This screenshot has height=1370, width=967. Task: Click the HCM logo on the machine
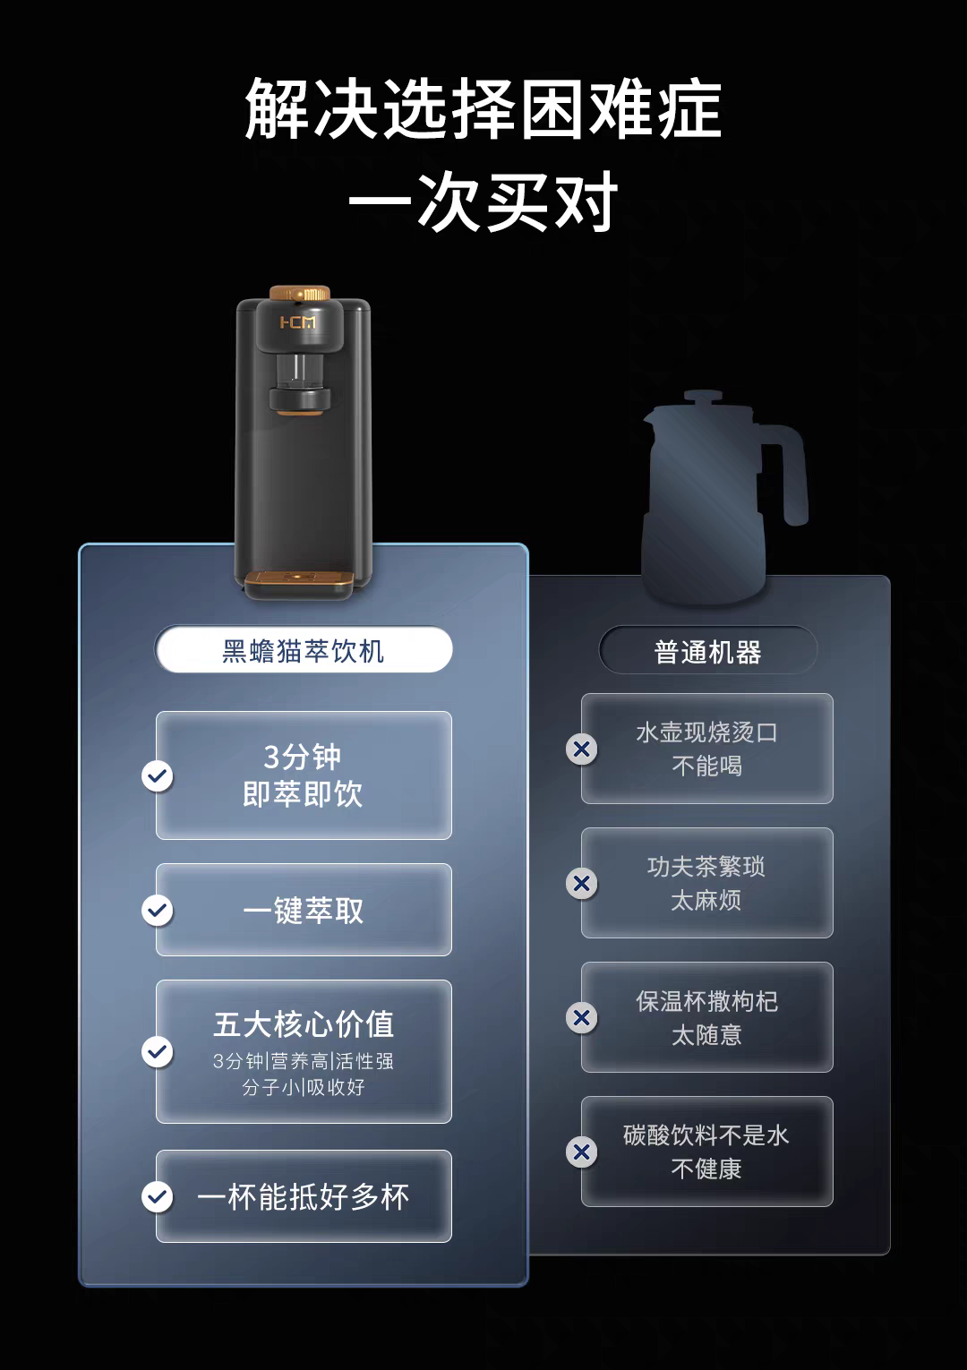298,321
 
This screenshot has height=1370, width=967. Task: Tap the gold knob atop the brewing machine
300,293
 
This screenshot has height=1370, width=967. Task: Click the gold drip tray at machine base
300,582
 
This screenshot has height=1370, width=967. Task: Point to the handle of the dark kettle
788,472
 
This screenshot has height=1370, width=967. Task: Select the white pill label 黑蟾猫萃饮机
304,649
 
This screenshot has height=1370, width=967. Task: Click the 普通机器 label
707,652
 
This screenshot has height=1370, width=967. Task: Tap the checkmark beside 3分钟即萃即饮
158,776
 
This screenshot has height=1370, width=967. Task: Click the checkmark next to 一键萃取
158,910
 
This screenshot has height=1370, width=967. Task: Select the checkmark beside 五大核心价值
158,1051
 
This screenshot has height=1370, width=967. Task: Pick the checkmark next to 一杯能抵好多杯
158,1196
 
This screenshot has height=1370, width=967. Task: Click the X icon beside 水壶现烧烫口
582,749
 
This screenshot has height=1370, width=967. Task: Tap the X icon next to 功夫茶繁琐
582,883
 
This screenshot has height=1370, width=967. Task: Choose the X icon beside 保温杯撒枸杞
582,1018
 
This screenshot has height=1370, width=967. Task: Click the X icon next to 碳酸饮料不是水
582,1152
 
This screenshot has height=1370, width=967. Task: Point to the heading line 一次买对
483,201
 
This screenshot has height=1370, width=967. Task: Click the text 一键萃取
304,911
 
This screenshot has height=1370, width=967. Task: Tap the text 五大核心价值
304,1023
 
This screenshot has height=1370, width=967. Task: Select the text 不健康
706,1169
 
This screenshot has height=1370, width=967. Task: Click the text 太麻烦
706,900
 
